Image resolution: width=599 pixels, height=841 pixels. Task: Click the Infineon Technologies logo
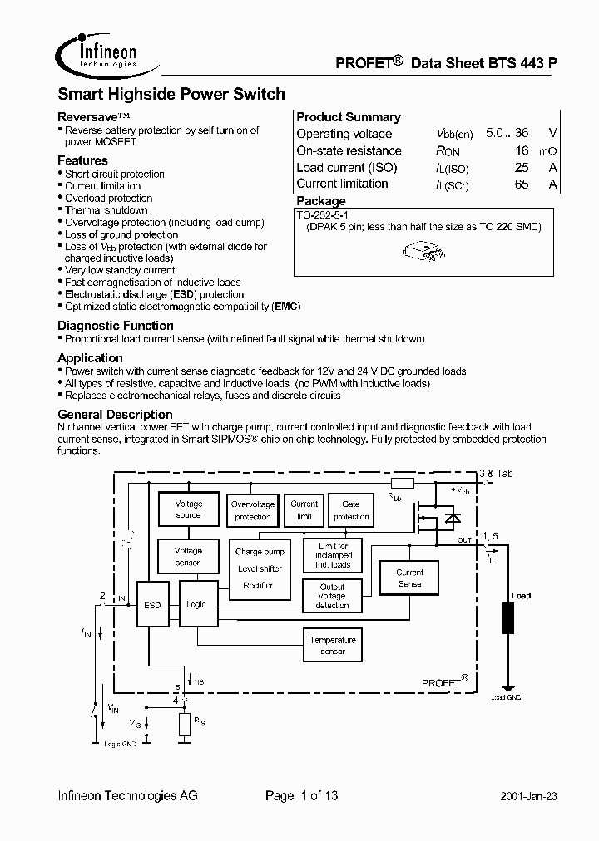[98, 55]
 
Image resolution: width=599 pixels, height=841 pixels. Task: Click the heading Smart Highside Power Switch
[171, 95]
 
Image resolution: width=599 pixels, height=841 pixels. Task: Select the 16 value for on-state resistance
[522, 150]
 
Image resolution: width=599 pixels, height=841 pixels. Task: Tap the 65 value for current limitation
[522, 184]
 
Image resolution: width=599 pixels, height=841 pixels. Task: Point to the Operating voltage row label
[344, 134]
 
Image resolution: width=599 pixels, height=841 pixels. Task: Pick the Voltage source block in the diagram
[188, 509]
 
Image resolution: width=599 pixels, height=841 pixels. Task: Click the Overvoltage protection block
[252, 510]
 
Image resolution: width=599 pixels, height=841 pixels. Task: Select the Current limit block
[304, 509]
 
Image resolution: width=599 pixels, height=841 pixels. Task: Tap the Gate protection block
[351, 510]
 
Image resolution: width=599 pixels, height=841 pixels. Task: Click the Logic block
[196, 604]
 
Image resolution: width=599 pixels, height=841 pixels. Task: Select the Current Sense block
[409, 578]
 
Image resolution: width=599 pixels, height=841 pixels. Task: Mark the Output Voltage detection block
[332, 595]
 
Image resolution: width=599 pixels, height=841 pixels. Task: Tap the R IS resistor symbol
[184, 725]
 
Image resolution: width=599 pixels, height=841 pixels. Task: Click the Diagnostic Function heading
[116, 326]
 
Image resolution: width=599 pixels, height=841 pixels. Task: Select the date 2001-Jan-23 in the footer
[528, 796]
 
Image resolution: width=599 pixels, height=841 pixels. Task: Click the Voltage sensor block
[188, 556]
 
